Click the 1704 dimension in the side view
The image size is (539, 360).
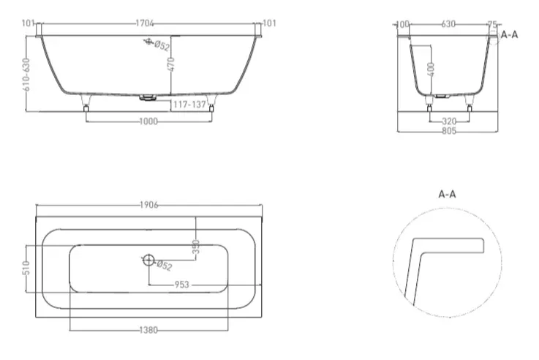[x=144, y=23]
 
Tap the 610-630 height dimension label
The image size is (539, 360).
[x=26, y=75]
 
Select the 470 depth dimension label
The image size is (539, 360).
[x=171, y=64]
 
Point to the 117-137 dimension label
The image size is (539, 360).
[x=189, y=104]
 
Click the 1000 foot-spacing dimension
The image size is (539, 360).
[x=148, y=121]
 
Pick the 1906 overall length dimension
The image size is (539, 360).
[x=149, y=206]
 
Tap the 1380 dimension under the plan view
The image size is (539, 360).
[x=148, y=330]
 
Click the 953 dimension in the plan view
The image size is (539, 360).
[x=182, y=285]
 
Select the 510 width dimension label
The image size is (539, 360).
[x=26, y=269]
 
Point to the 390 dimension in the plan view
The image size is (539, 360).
[x=196, y=247]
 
